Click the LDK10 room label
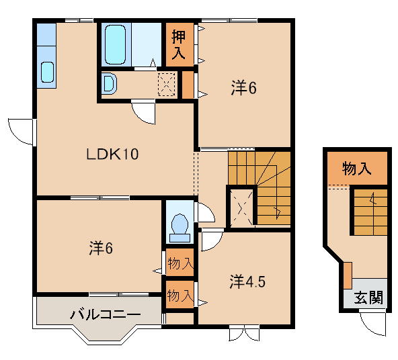click(x=112, y=154)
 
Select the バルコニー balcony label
click(x=106, y=313)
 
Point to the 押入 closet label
click(x=179, y=44)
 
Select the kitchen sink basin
click(x=47, y=71)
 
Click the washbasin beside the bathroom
click(x=110, y=84)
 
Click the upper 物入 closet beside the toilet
click(x=180, y=262)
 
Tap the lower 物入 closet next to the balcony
click(x=180, y=295)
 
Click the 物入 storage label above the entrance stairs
click(x=356, y=169)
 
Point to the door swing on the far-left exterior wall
click(x=21, y=130)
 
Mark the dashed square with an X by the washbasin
click(x=166, y=83)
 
